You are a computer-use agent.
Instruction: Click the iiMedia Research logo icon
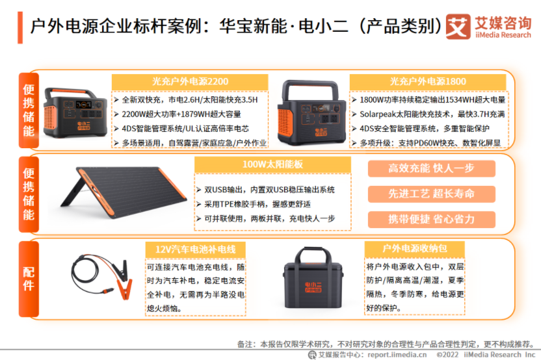(458, 27)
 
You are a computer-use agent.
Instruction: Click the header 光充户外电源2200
(190, 82)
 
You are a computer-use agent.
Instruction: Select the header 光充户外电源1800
(428, 82)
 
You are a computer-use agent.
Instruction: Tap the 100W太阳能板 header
(272, 164)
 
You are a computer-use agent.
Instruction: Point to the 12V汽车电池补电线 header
(195, 250)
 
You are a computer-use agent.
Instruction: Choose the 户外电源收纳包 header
(415, 249)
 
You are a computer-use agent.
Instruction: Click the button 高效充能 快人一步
(432, 168)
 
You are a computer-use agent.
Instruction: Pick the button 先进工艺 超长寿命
(432, 194)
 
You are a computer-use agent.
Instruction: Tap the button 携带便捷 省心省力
(432, 220)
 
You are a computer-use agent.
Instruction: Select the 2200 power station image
(75, 113)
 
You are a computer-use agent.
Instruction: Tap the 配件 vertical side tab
(29, 279)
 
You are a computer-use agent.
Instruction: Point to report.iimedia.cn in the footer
(397, 355)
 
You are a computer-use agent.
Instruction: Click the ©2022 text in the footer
(447, 355)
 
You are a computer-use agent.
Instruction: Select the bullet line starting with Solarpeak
(429, 114)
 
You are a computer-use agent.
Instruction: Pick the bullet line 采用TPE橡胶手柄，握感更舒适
(254, 204)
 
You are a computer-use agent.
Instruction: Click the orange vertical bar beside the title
(20, 27)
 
